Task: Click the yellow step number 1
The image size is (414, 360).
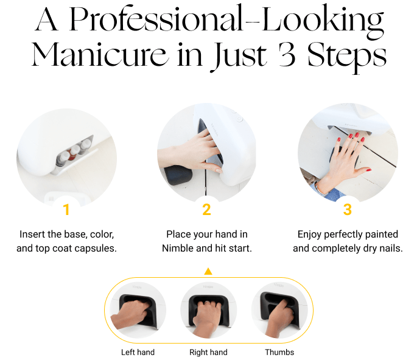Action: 66,210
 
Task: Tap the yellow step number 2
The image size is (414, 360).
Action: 207,210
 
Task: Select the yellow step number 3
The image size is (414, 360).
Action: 348,210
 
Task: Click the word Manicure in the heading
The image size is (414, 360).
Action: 99,55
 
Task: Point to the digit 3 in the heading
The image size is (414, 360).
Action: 287,54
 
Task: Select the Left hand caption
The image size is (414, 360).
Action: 138,352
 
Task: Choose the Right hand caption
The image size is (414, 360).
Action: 208,352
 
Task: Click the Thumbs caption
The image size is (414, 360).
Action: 279,352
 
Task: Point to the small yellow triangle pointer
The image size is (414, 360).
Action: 208,271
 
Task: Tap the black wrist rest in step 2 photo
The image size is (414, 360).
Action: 178,175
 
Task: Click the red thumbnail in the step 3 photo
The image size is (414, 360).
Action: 369,170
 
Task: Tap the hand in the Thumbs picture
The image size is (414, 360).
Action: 279,318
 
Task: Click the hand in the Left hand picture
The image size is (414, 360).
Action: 130,314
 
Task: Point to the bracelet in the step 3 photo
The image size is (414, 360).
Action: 318,186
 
